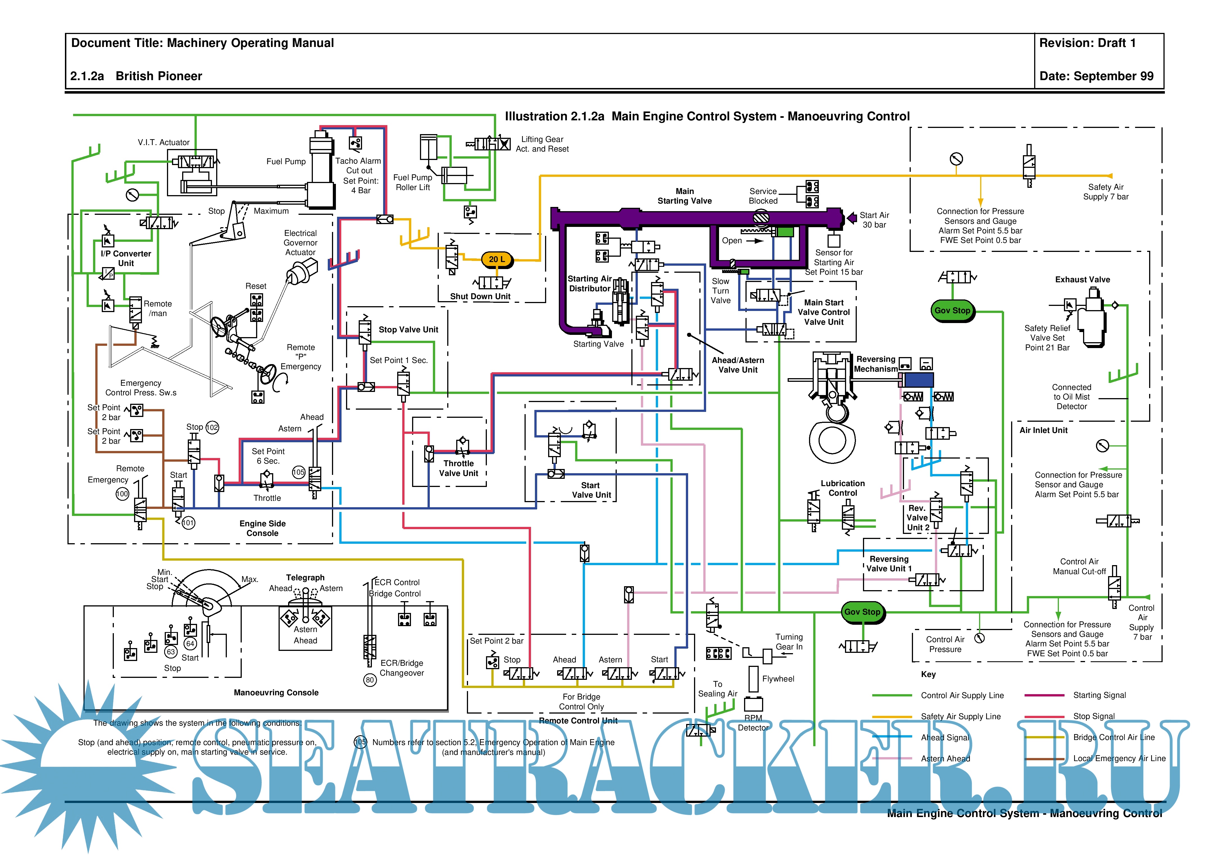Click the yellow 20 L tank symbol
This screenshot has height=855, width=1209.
tap(496, 259)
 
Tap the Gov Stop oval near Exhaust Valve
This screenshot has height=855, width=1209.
tap(952, 311)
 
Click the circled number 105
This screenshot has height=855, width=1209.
tap(299, 472)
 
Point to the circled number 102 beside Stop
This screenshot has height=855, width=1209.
tap(212, 427)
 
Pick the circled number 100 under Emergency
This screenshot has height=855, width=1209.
tap(122, 494)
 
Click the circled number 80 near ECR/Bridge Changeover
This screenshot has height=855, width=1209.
tap(370, 680)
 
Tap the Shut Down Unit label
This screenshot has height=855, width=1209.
tap(480, 297)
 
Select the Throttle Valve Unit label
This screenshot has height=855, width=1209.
tap(459, 468)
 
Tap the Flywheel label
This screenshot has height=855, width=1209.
tap(778, 679)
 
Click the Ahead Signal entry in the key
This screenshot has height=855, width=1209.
tap(945, 737)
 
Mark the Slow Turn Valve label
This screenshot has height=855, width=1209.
tap(720, 291)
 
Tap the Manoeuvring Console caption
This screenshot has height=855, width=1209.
tap(276, 693)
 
